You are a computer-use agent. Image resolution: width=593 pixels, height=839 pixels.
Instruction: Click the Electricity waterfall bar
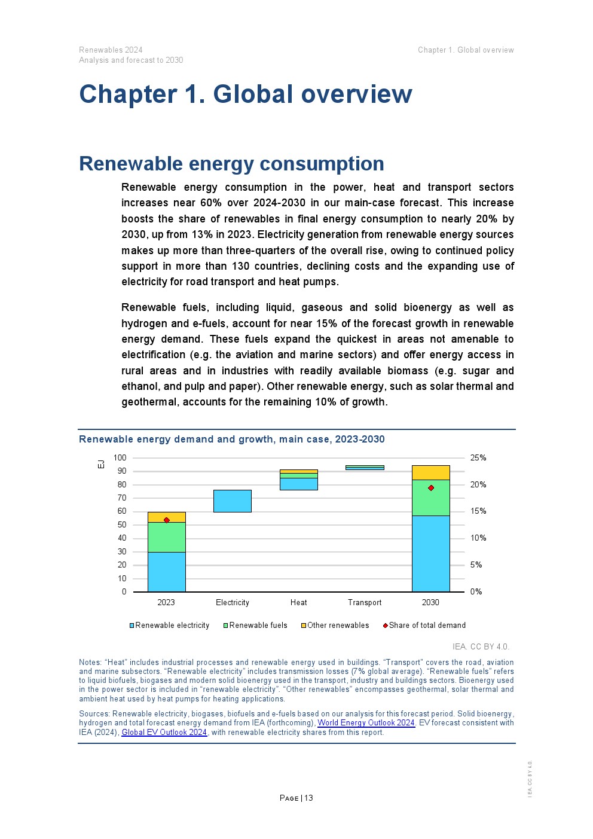[233, 501]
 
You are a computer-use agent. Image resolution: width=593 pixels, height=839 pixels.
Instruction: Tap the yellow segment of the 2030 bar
[430, 472]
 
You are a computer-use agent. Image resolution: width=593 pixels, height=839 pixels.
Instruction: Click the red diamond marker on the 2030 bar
[431, 488]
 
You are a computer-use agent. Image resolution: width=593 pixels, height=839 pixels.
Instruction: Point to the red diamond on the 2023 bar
[166, 520]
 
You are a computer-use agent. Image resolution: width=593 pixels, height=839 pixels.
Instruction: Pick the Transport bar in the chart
[365, 468]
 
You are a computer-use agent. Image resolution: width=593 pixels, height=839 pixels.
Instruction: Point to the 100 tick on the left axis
[120, 458]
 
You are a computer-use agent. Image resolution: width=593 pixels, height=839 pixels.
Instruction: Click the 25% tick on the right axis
[478, 458]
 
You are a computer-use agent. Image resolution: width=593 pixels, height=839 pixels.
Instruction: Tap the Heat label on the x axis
[298, 603]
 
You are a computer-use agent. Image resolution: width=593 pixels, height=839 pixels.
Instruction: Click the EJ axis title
[101, 464]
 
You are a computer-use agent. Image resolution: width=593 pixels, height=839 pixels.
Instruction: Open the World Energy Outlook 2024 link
[366, 723]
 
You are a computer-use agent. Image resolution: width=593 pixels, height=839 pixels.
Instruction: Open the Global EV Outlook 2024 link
[164, 733]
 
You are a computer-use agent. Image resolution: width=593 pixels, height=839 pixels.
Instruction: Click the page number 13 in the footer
[308, 798]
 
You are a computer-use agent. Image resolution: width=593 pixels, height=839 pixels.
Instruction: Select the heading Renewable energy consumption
[231, 164]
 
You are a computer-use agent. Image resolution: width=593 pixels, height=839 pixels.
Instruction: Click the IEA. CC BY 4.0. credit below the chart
[481, 646]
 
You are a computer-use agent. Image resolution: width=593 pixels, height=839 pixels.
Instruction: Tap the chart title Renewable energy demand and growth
[231, 440]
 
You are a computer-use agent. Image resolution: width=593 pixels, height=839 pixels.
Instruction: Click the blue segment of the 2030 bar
[430, 553]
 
